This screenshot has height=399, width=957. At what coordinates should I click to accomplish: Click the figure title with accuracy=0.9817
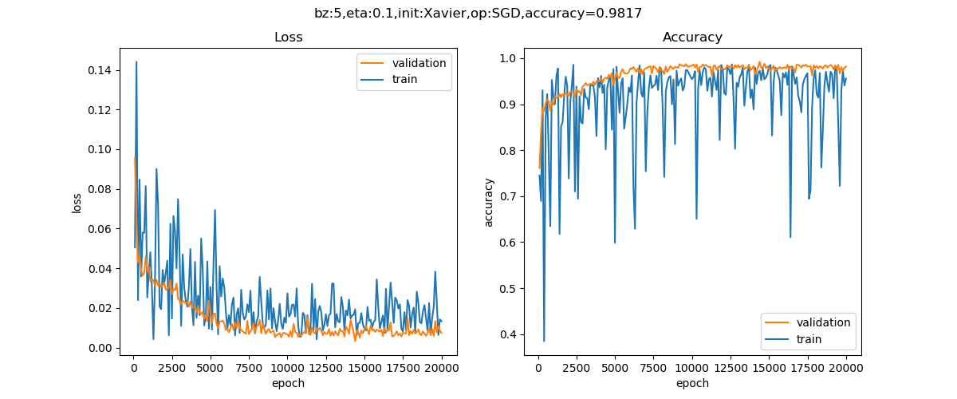click(x=478, y=13)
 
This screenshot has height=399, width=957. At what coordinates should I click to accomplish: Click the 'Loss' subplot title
click(x=288, y=38)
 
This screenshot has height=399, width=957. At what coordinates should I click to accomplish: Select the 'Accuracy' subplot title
click(x=692, y=38)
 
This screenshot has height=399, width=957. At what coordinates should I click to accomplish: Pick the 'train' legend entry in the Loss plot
click(x=404, y=79)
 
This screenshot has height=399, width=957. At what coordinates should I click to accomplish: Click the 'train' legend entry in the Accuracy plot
click(x=809, y=339)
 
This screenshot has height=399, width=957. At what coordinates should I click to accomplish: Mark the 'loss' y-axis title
click(x=77, y=202)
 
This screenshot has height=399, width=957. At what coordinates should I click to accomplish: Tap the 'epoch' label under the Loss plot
click(x=288, y=383)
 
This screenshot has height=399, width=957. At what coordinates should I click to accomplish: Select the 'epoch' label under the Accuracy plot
click(x=692, y=383)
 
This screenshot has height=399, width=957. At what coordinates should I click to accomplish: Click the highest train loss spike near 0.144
click(x=136, y=61)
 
